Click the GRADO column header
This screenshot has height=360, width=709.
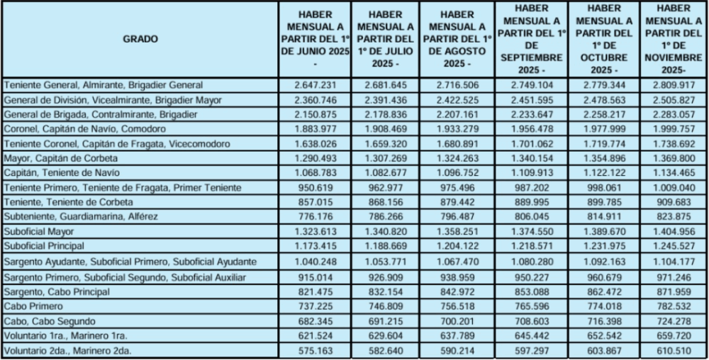[140, 39]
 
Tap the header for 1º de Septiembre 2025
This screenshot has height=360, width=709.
[530, 39]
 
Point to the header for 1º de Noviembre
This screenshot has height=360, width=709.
[673, 39]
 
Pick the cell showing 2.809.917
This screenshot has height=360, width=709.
[673, 84]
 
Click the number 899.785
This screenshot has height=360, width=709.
[605, 202]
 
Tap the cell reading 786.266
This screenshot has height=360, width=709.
[385, 216]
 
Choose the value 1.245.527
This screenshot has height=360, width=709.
[673, 246]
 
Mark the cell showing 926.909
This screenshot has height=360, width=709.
[385, 276]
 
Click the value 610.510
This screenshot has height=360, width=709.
[673, 350]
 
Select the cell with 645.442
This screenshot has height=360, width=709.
[530, 335]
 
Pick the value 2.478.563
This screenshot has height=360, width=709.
[605, 99]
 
